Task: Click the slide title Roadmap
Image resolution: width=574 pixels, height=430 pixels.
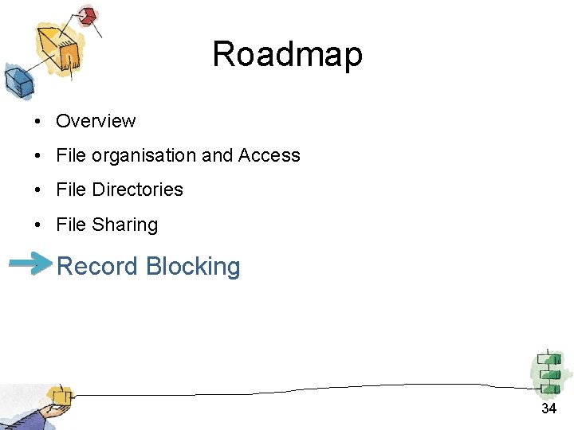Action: coord(287,55)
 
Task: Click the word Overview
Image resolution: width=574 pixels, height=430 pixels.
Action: coord(96,121)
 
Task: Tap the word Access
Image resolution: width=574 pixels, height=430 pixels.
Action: coord(269,155)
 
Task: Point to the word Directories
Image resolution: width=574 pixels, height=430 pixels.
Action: coord(138,190)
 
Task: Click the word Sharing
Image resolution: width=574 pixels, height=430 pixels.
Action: coord(124,225)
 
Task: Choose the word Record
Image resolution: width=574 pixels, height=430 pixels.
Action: coord(96,266)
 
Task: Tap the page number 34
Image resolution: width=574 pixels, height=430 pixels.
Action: coord(548,408)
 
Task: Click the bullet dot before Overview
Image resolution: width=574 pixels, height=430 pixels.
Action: coord(37,122)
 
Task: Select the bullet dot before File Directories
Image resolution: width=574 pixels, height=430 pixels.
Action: coord(37,190)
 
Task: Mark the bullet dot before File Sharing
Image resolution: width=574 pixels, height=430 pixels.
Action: coord(37,225)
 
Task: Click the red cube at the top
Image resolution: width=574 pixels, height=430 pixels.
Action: coord(87,15)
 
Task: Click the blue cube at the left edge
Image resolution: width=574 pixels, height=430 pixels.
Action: coord(17,80)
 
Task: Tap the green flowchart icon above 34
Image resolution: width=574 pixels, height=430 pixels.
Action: coord(549,373)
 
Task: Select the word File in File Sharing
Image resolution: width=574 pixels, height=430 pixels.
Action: coord(70,225)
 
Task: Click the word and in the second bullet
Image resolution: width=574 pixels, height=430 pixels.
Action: coord(217,155)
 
